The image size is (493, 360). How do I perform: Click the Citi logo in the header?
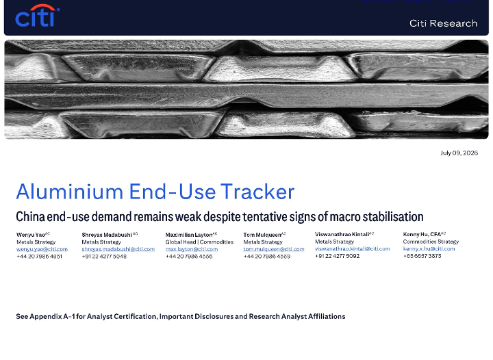(x=38, y=16)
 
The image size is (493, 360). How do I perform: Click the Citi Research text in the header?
(x=443, y=23)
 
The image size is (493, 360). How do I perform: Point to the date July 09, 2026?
(x=459, y=153)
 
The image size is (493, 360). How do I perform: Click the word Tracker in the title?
(x=257, y=192)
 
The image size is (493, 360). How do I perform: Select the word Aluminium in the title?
(x=69, y=192)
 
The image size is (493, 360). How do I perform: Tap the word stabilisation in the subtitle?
(x=393, y=217)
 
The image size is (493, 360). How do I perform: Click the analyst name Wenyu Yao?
(x=31, y=235)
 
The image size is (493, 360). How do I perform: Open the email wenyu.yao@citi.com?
(x=42, y=249)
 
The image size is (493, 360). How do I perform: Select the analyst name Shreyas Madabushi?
(x=107, y=235)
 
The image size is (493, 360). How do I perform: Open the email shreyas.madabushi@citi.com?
(x=118, y=249)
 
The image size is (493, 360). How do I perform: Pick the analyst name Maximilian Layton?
(x=189, y=235)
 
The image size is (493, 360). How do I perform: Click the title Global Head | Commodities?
(x=199, y=242)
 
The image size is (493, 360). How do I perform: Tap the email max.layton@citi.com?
(x=192, y=249)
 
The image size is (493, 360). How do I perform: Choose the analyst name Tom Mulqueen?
(x=262, y=235)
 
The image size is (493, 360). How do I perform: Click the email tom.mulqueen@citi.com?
(x=274, y=249)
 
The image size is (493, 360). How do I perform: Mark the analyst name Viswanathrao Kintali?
(x=342, y=234)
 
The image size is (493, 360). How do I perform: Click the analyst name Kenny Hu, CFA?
(x=422, y=234)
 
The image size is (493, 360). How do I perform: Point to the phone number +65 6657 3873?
(x=422, y=256)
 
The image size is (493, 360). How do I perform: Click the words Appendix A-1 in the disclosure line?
(x=52, y=316)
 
